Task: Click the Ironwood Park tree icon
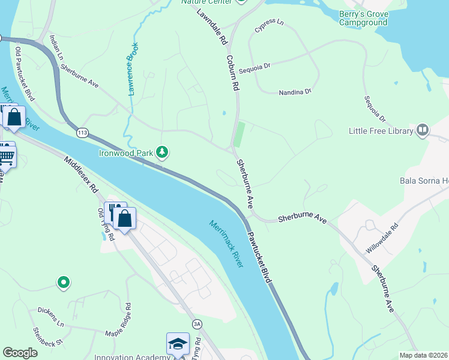[161, 153]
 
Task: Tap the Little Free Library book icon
[423, 130]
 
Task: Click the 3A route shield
[196, 325]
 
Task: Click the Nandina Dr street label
[295, 92]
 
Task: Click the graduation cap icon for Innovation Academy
[178, 344]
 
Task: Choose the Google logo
[20, 353]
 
